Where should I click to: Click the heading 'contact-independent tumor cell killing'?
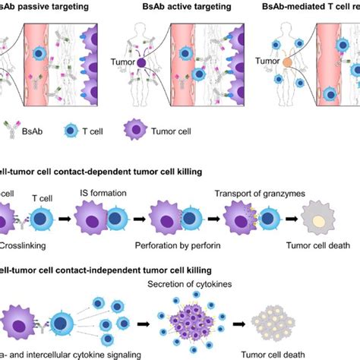click(x=106, y=270)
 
